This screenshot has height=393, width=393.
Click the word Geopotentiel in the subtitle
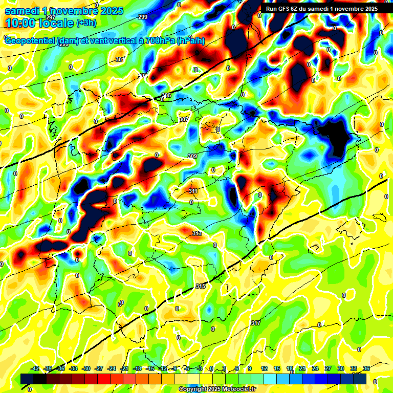point(30,41)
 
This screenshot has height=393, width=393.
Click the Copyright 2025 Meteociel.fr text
point(216,389)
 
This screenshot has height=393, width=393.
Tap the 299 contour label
point(143,17)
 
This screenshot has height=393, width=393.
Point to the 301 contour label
point(120,60)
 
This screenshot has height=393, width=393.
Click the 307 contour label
point(184,120)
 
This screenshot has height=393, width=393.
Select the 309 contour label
point(192,157)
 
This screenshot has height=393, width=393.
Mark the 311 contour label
point(193,191)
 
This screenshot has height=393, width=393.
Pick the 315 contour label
point(201,287)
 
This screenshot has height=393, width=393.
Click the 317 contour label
point(256,323)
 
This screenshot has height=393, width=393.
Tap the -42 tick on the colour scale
point(35,368)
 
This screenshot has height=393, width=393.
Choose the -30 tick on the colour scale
point(86,368)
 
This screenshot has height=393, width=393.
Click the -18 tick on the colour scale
point(137,368)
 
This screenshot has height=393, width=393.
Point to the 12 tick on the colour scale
point(264,368)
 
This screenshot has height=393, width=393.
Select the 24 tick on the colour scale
point(315,368)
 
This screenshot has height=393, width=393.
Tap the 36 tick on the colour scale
point(366,368)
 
